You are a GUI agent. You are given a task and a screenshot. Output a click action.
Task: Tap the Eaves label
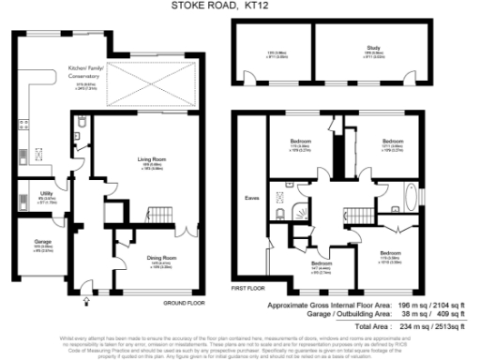click(x=250, y=199)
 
